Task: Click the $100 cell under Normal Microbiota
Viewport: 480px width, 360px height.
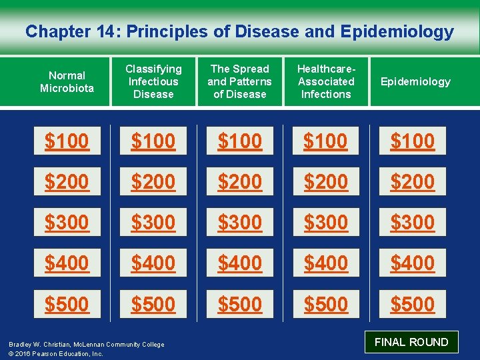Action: (x=67, y=141)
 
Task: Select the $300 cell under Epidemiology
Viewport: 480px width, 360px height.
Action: (x=412, y=222)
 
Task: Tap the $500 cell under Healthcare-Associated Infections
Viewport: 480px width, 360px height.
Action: (x=326, y=304)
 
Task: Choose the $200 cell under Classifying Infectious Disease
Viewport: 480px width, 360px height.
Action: (x=153, y=181)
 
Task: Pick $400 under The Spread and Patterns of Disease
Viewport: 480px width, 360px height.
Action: (x=239, y=263)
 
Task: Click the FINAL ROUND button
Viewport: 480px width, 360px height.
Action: (x=411, y=342)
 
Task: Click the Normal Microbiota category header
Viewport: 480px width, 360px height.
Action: (x=67, y=82)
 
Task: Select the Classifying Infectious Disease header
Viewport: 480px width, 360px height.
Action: (x=153, y=81)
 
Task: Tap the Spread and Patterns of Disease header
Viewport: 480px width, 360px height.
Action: (x=239, y=81)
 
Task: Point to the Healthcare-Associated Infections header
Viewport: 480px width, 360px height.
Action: (x=326, y=81)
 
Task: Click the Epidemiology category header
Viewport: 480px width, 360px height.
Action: (x=415, y=82)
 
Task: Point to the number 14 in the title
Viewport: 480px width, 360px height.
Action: (x=106, y=31)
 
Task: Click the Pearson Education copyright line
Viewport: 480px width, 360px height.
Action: (x=56, y=353)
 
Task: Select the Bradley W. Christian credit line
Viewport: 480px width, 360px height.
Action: (x=86, y=344)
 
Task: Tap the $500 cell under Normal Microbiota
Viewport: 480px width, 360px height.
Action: (x=67, y=304)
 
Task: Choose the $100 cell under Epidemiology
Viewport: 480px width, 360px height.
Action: (x=412, y=141)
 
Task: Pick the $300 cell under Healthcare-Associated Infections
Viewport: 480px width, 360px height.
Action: (x=326, y=222)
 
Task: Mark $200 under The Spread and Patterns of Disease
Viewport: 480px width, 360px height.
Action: (x=239, y=181)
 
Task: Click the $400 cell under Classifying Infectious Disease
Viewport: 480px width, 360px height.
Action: (x=153, y=263)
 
